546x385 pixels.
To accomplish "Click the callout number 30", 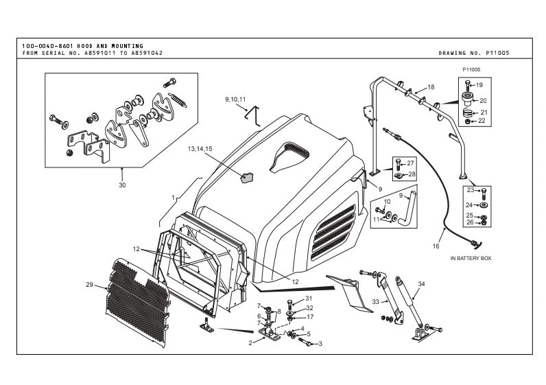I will [122, 184].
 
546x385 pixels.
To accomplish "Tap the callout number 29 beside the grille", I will [89, 285].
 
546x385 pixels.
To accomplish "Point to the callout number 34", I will [421, 283].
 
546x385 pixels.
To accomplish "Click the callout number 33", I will [376, 302].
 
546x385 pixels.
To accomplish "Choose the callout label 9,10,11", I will [235, 100].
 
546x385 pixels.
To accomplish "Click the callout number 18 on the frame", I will [431, 87].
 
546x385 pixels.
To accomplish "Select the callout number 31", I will [309, 298].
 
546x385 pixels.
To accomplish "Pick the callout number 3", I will [320, 342].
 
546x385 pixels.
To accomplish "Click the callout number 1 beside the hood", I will [174, 197].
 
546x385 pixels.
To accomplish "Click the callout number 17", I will [310, 317].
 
